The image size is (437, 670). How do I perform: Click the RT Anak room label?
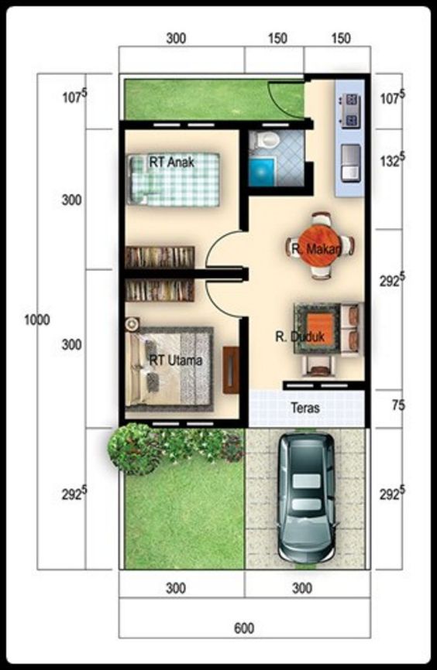coord(172,162)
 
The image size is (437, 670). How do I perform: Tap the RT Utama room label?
coord(176,361)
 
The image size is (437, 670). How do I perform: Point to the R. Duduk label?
coord(295,337)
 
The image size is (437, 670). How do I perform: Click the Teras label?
coord(306,407)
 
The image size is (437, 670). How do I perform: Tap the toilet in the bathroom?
coord(267,140)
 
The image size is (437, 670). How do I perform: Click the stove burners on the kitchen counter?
coord(350,110)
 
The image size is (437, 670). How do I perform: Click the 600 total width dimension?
coord(243,628)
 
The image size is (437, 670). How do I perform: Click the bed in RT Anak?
coord(174,179)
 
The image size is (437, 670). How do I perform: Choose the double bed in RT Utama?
coord(169,367)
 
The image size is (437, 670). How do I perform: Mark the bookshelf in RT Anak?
coord(160,256)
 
